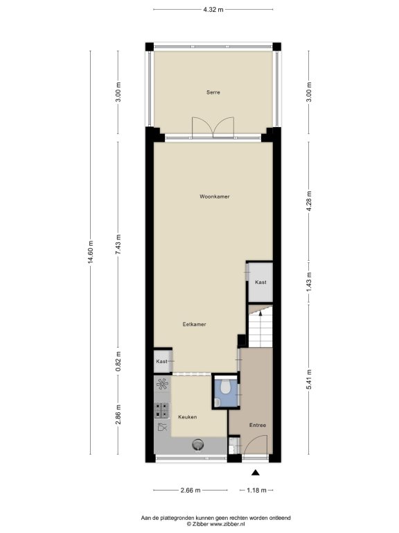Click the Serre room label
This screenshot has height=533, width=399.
coord(213,92)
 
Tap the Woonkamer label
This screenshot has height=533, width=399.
coord(215,196)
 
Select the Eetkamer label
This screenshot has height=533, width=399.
coord(194,324)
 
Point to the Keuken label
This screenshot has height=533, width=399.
coord(188,416)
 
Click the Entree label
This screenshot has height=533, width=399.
coord(258,425)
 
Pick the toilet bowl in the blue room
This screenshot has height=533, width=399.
coord(225,385)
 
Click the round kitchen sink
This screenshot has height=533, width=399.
coord(198,444)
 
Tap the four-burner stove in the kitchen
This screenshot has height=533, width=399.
coord(162,409)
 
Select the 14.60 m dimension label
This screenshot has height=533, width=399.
coord(90,252)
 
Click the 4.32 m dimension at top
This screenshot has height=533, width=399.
coord(213,10)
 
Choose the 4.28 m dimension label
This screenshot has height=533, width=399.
coord(309,201)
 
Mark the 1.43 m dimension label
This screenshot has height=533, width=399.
coord(309,282)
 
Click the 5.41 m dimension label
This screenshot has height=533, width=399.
coord(309,380)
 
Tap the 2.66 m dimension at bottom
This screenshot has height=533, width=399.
coord(190,490)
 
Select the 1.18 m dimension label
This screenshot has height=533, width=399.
coord(256,490)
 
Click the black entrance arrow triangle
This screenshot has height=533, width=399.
coord(256,473)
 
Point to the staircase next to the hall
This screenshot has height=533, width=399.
coord(260,326)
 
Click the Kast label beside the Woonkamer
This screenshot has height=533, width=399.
coord(260,282)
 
